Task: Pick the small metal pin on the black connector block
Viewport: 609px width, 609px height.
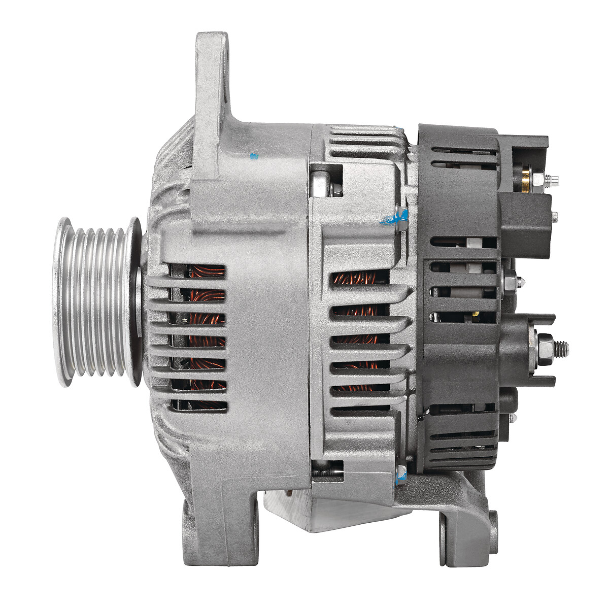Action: pyautogui.click(x=554, y=217)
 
